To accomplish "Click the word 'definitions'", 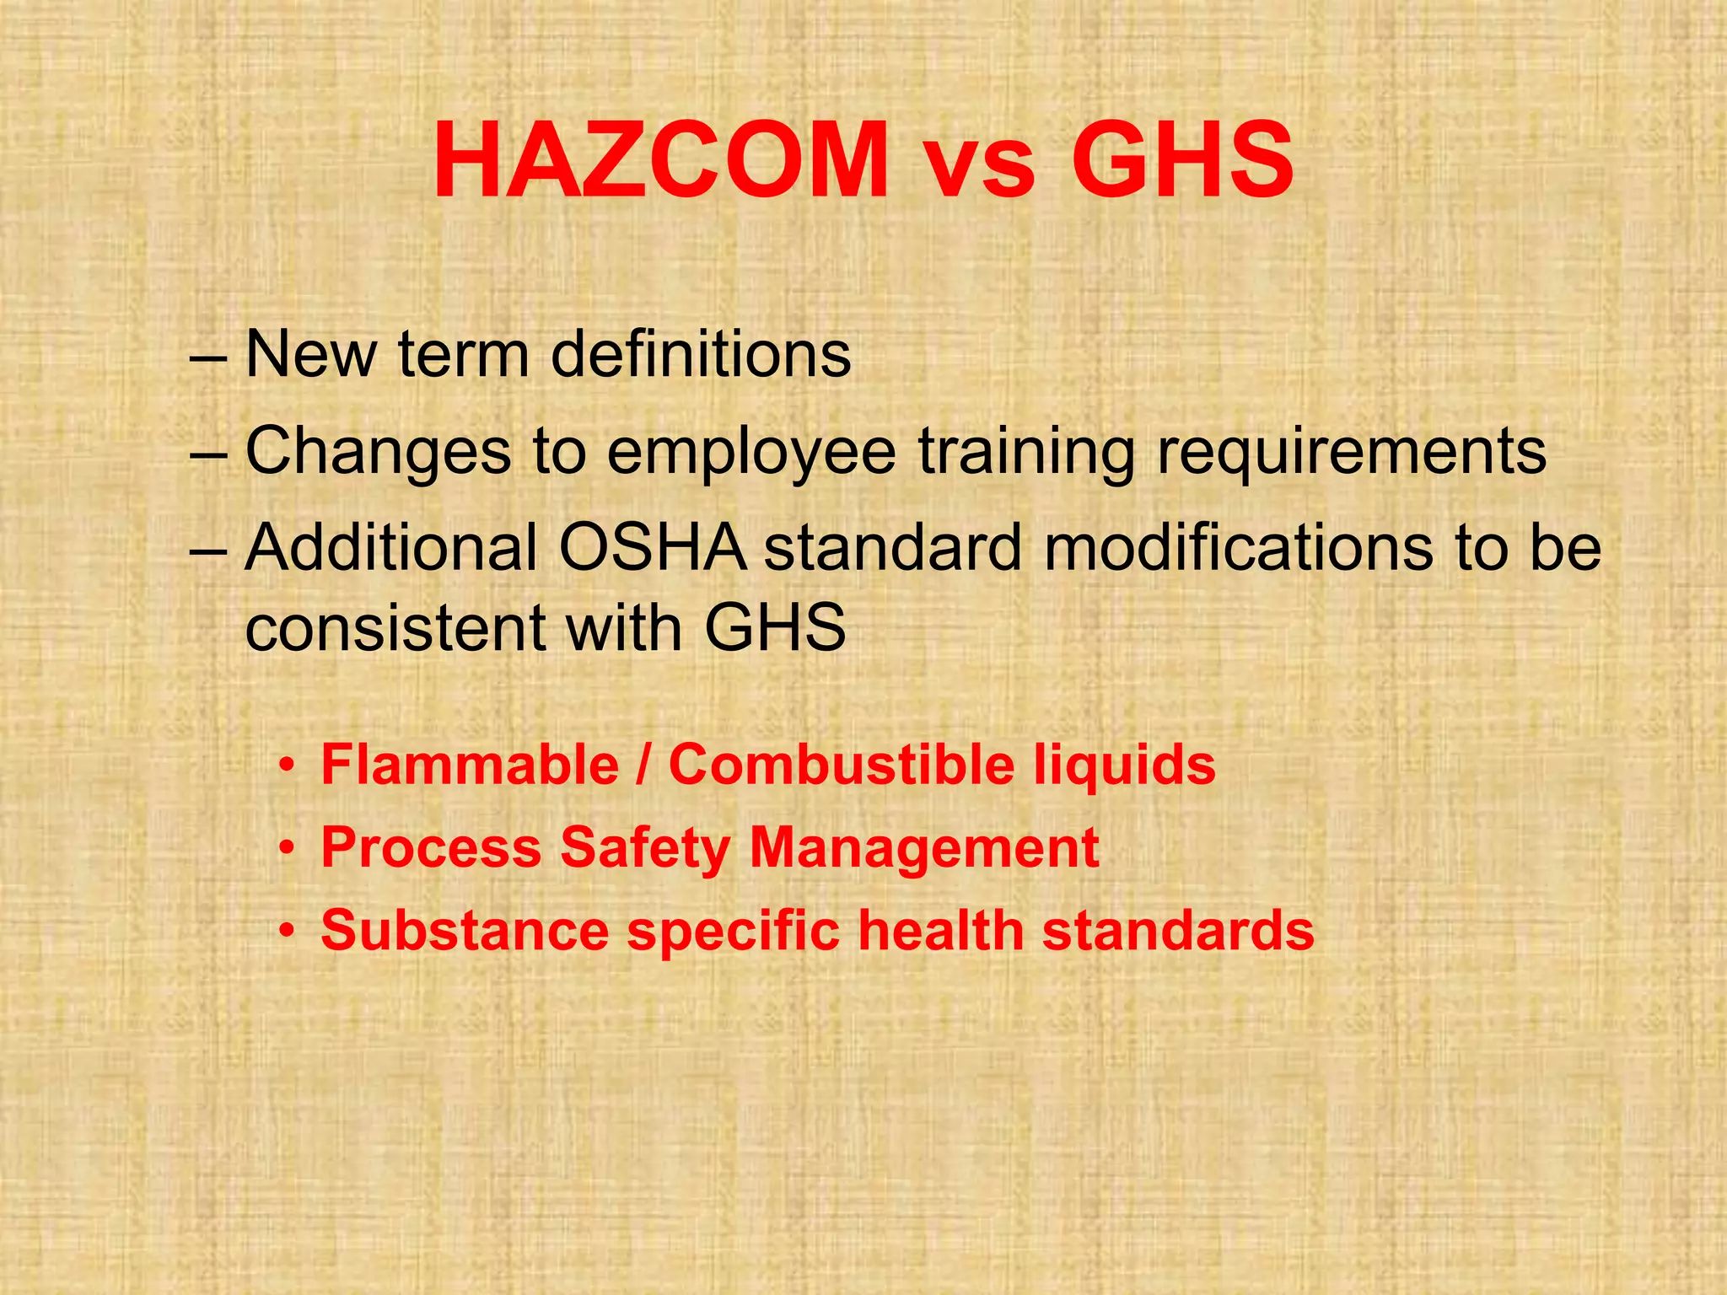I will click(x=701, y=354).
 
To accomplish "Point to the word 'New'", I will click(x=310, y=354).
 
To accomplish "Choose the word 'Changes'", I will click(x=379, y=451).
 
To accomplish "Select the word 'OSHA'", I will click(x=652, y=548).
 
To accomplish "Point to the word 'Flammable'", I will click(x=470, y=765).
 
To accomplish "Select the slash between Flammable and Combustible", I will click(x=644, y=765).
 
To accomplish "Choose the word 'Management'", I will click(x=924, y=847).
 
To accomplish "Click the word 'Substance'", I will click(x=465, y=930).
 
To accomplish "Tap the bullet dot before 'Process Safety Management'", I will click(x=288, y=848).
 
